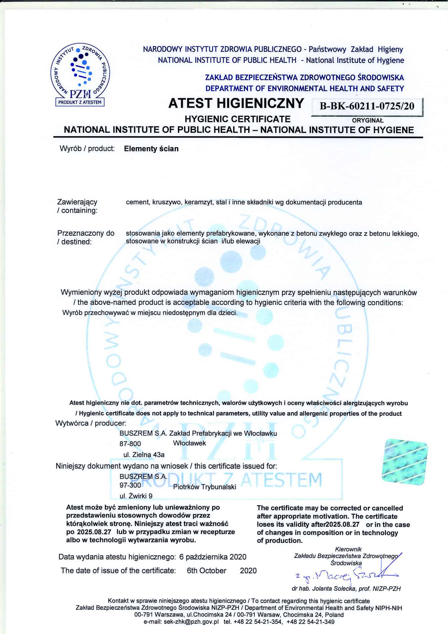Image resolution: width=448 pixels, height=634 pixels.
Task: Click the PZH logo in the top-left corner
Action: [x=80, y=75]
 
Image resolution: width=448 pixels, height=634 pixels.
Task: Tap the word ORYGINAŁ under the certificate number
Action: [x=368, y=120]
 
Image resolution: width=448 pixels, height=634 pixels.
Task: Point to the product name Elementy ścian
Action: [x=151, y=149]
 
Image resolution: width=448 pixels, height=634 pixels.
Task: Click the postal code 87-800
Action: [x=130, y=444]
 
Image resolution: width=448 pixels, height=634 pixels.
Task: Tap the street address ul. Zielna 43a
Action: [x=144, y=454]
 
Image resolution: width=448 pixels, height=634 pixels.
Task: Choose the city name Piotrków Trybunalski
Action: [x=204, y=487]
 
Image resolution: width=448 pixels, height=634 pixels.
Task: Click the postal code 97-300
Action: [x=130, y=485]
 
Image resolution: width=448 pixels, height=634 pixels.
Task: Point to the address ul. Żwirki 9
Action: [x=136, y=496]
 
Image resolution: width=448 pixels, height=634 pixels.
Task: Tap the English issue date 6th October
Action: [x=206, y=570]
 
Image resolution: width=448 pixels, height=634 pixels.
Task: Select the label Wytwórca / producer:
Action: [x=91, y=423]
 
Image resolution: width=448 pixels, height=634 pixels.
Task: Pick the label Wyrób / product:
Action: [x=87, y=149]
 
